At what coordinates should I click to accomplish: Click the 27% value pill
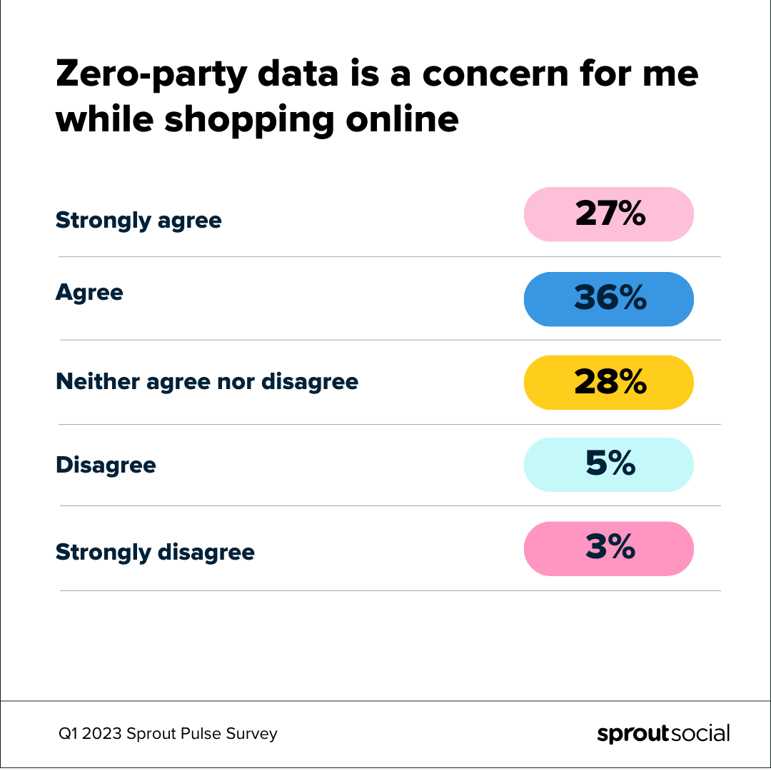click(608, 214)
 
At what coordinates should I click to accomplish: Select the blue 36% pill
click(608, 298)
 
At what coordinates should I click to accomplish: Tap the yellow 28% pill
click(608, 383)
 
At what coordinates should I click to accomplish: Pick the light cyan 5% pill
click(608, 465)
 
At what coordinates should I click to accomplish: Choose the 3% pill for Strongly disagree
click(608, 548)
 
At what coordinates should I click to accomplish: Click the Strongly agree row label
click(138, 221)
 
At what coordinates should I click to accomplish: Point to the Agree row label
click(89, 293)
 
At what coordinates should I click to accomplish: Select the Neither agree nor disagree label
click(207, 382)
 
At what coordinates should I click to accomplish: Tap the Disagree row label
click(106, 465)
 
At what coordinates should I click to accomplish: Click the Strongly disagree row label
click(155, 553)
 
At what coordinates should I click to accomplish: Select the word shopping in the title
click(249, 120)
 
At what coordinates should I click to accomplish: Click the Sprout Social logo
click(663, 734)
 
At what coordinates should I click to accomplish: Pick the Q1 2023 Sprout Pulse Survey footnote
click(168, 734)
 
